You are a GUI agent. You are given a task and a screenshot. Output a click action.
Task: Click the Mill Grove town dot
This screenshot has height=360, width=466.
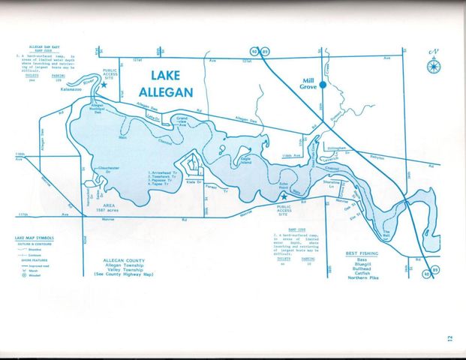coord(323,85)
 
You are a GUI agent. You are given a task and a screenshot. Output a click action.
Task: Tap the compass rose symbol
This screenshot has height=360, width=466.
coord(433,65)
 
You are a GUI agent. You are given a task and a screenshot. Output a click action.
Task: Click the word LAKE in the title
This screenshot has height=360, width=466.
coord(170,76)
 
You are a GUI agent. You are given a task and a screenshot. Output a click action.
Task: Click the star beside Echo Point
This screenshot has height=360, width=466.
coord(284,196)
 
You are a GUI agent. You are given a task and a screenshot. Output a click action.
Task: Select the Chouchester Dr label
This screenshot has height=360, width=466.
coord(109,169)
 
